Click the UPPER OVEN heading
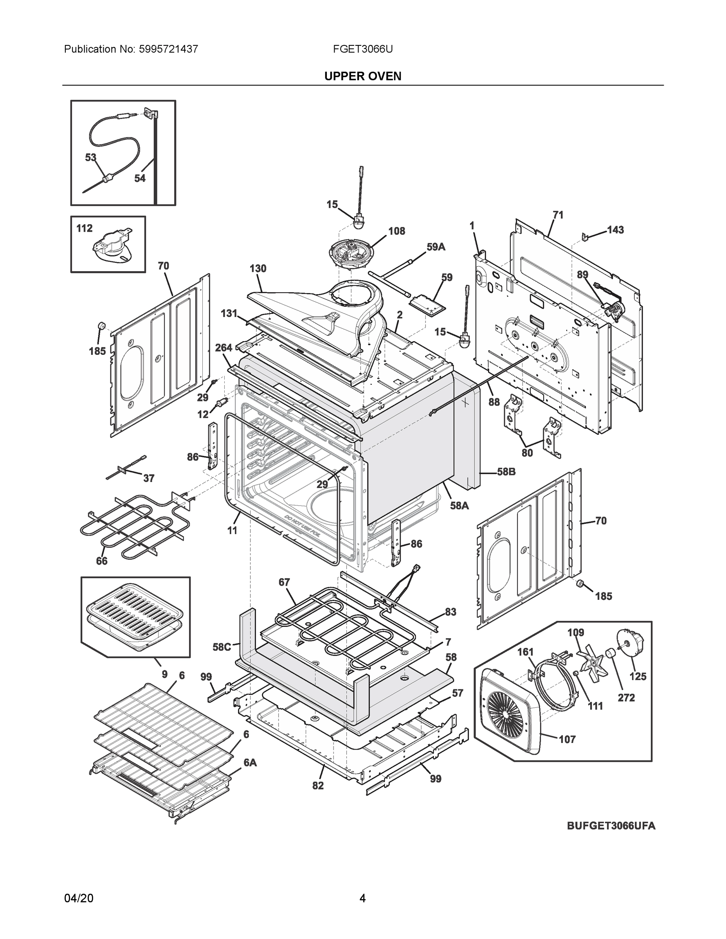[x=362, y=76]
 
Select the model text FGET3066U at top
[x=362, y=49]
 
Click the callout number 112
[x=84, y=228]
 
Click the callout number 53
[x=90, y=158]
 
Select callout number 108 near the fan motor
[x=396, y=231]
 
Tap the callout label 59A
[x=436, y=247]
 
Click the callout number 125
[x=638, y=677]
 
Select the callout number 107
[x=567, y=739]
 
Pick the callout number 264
[x=223, y=347]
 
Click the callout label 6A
[x=250, y=763]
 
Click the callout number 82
[x=318, y=786]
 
